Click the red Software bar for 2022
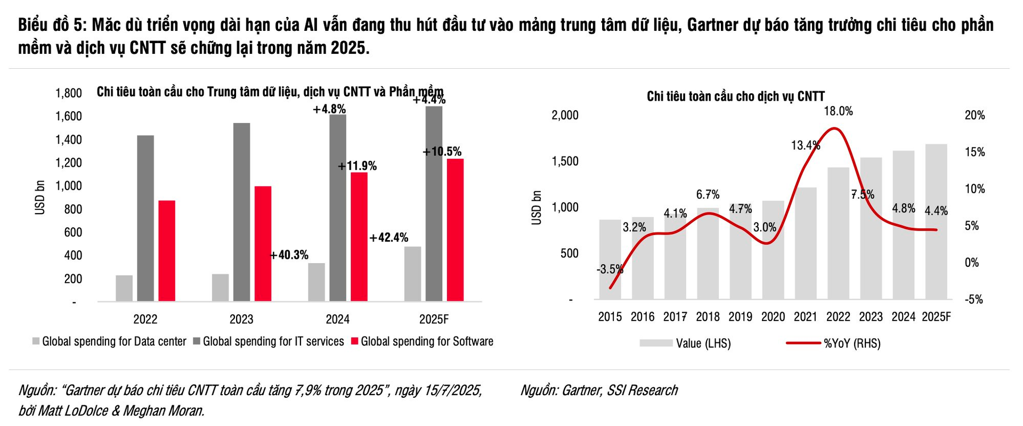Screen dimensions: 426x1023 167,251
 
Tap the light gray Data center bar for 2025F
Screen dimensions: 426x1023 412,274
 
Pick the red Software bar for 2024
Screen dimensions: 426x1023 359,237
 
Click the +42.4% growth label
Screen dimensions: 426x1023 389,237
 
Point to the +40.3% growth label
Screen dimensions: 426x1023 289,255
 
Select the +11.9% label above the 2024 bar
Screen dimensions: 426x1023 358,166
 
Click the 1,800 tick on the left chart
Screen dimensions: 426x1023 69,93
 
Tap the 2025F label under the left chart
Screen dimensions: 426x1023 434,319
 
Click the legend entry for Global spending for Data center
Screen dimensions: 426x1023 114,341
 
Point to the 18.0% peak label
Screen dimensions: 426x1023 838,111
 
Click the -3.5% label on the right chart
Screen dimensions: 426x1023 610,269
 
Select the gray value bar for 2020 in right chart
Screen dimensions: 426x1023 773,250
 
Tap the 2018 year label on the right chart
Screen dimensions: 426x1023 708,317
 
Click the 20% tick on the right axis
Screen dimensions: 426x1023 975,115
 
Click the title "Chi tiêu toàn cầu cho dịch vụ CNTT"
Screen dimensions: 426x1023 735,96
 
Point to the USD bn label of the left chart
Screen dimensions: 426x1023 40,198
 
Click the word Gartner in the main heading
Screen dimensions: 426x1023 712,25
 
